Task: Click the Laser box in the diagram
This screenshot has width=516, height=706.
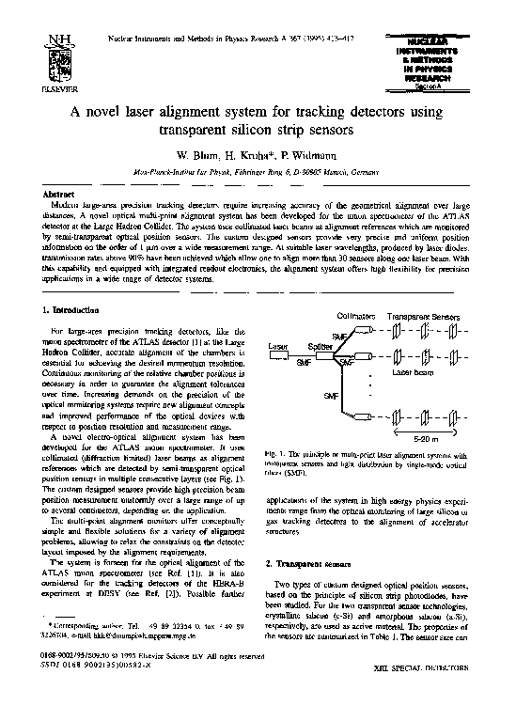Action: click(279, 347)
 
